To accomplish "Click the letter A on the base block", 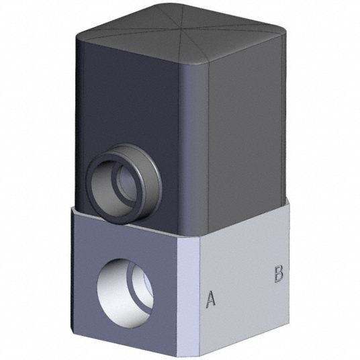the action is (x=210, y=298).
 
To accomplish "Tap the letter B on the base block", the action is (x=279, y=273).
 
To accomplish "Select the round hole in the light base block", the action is (x=125, y=293).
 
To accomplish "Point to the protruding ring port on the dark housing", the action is (x=124, y=183).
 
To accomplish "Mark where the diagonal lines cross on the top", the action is (x=179, y=29).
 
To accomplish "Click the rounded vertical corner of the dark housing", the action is (x=193, y=149).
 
